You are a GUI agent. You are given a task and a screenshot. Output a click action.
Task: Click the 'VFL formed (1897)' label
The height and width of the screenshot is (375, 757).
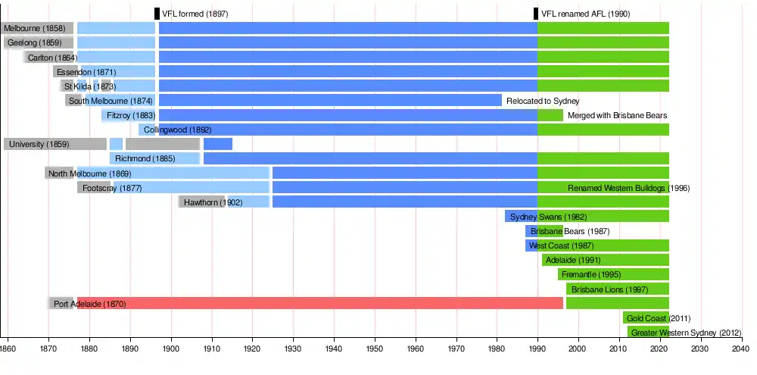click(x=195, y=14)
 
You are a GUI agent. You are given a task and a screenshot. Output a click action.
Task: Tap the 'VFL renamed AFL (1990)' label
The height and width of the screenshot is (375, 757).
click(x=585, y=14)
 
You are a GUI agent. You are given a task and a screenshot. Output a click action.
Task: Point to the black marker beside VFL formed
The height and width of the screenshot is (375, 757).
click(x=157, y=14)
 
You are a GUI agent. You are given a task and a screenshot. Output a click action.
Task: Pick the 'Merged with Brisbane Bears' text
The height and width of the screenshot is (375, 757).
click(x=617, y=115)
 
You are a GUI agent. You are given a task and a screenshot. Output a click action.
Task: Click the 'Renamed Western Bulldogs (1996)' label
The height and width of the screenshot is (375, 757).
click(x=628, y=188)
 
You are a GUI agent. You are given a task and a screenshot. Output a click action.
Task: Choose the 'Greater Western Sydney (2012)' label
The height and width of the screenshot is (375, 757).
click(x=687, y=333)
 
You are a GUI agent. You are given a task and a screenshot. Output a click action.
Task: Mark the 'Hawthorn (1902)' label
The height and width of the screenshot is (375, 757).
click(x=213, y=202)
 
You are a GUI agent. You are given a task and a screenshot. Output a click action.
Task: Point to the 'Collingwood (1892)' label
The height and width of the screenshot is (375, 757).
click(x=177, y=130)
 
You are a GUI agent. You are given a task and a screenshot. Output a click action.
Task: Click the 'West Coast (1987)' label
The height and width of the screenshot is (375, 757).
click(x=560, y=245)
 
